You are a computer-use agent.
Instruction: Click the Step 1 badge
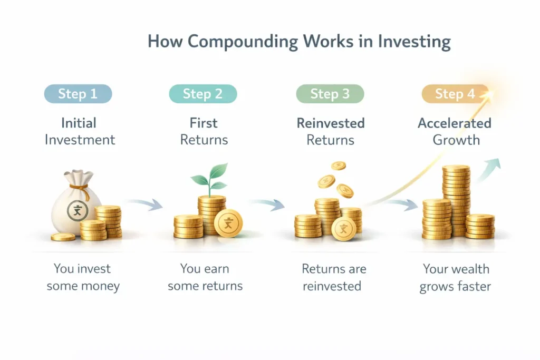coord(78,94)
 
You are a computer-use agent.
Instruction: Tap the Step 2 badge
coord(202,94)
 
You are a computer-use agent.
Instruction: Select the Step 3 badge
coord(330,94)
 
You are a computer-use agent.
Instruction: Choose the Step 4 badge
coord(455,94)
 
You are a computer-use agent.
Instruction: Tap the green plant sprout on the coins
coord(209,178)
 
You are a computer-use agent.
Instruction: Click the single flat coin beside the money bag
coord(63,237)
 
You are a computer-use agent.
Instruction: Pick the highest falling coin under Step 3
coord(338,166)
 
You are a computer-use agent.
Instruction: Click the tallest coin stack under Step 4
coord(456,200)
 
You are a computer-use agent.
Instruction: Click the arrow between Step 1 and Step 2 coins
coord(146,203)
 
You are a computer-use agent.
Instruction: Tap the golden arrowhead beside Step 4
coord(490,95)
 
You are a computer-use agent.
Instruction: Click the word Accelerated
coord(454,123)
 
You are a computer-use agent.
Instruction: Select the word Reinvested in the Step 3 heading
coord(330,123)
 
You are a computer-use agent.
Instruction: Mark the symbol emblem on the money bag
coord(77,212)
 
